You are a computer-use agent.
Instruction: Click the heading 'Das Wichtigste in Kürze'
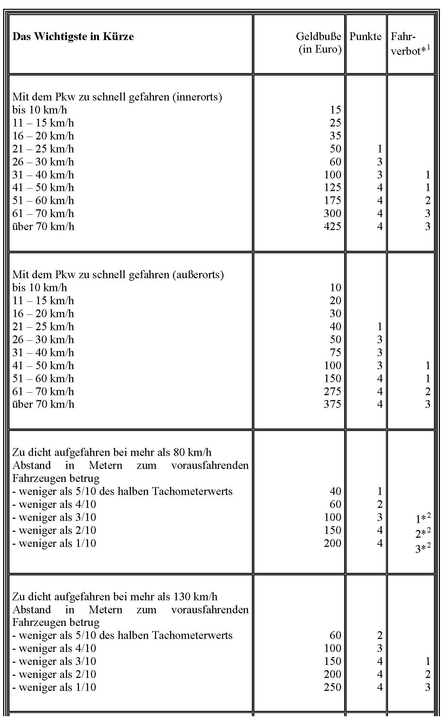pyautogui.click(x=73, y=37)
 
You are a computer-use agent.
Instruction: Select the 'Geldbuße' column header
pyautogui.click(x=318, y=37)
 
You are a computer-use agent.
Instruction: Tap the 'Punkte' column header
pyautogui.click(x=365, y=37)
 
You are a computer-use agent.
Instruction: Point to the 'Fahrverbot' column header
pyautogui.click(x=410, y=44)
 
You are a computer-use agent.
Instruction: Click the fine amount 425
pyautogui.click(x=332, y=227)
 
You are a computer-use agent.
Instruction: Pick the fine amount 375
pyautogui.click(x=332, y=404)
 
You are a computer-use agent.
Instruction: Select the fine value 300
pyautogui.click(x=332, y=214)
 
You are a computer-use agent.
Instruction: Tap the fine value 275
pyautogui.click(x=332, y=391)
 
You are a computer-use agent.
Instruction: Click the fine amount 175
pyautogui.click(x=332, y=201)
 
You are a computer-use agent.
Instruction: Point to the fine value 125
pyautogui.click(x=332, y=188)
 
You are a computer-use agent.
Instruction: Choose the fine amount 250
pyautogui.click(x=332, y=687)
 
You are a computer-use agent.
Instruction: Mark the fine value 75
pyautogui.click(x=335, y=353)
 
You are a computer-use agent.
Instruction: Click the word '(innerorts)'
pyautogui.click(x=197, y=97)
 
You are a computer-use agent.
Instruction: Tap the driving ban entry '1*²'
pyautogui.click(x=422, y=518)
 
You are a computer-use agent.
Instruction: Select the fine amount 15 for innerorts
pyautogui.click(x=335, y=110)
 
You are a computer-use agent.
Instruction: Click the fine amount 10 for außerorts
pyautogui.click(x=335, y=288)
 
